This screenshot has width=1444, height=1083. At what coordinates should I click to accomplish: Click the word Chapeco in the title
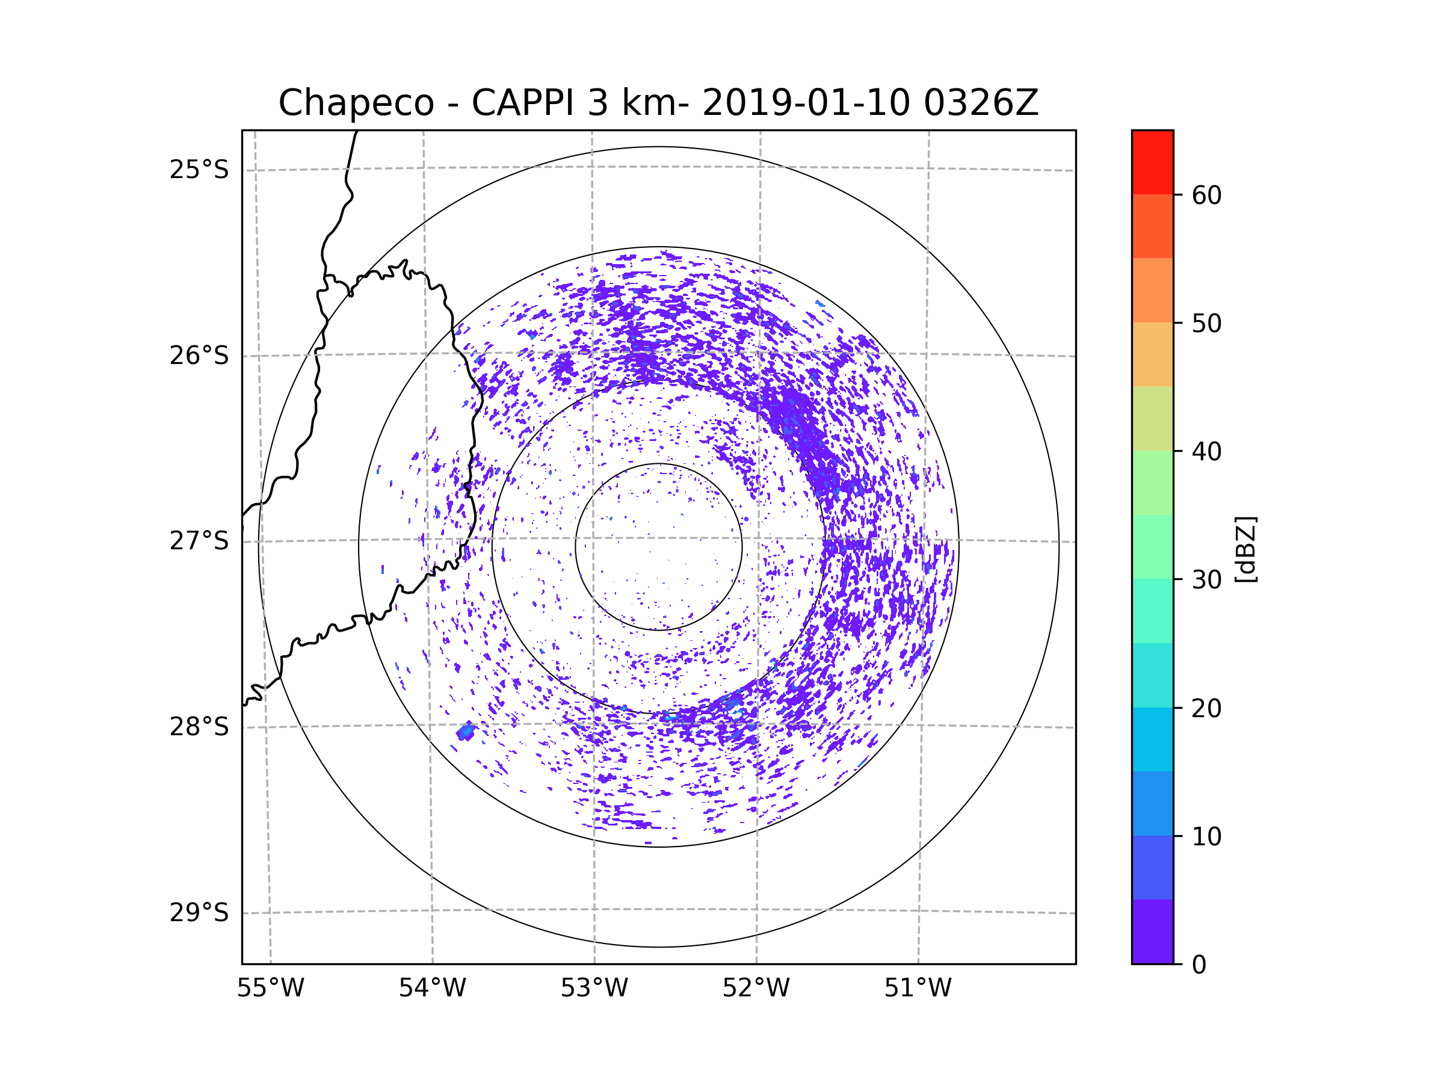click(x=356, y=103)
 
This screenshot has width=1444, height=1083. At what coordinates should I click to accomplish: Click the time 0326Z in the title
click(x=980, y=103)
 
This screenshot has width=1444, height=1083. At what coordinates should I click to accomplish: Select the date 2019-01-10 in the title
click(x=806, y=103)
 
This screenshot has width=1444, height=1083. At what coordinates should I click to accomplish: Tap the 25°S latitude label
click(x=199, y=170)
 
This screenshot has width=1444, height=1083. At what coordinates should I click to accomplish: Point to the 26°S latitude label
click(x=199, y=356)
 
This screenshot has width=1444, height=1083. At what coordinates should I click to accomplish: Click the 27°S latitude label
click(x=199, y=541)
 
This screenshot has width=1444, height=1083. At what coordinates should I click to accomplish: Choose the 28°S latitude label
click(x=199, y=727)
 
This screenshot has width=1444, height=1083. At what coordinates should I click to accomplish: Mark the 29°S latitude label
click(x=199, y=913)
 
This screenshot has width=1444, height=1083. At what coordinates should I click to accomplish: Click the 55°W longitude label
click(x=270, y=989)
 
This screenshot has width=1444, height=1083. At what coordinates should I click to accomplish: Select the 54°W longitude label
click(x=432, y=989)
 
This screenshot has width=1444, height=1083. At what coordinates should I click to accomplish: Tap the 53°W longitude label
click(x=594, y=989)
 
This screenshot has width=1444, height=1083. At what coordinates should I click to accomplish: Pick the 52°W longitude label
click(x=756, y=989)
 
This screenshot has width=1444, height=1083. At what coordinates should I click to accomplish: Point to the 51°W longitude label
click(x=918, y=989)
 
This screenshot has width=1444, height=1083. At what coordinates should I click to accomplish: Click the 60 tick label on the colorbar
click(x=1206, y=195)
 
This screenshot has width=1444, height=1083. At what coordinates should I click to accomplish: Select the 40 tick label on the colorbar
click(x=1206, y=452)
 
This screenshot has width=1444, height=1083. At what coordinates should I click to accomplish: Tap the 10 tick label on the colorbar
click(x=1206, y=836)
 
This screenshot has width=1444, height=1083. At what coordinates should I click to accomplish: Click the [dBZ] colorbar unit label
click(x=1245, y=549)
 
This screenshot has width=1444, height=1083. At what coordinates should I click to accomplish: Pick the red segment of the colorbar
click(x=1152, y=162)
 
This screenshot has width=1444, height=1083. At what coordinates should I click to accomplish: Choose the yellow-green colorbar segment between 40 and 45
click(x=1152, y=418)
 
